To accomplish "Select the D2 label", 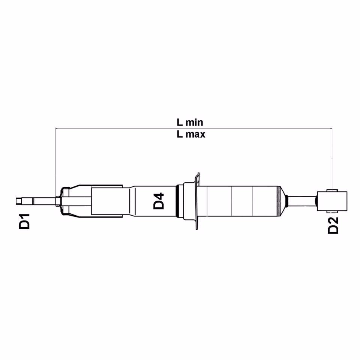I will tap(333, 225).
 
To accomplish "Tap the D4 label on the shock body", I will tap(159, 201).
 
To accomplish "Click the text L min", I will tap(190, 122).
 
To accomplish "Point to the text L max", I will tap(191, 134).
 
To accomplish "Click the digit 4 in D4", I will tap(159, 196).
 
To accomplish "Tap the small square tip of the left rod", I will tap(18, 201).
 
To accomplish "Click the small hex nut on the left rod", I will tap(57, 201).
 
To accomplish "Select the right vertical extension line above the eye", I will tap(332, 157).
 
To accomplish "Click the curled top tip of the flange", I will tap(198, 174).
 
